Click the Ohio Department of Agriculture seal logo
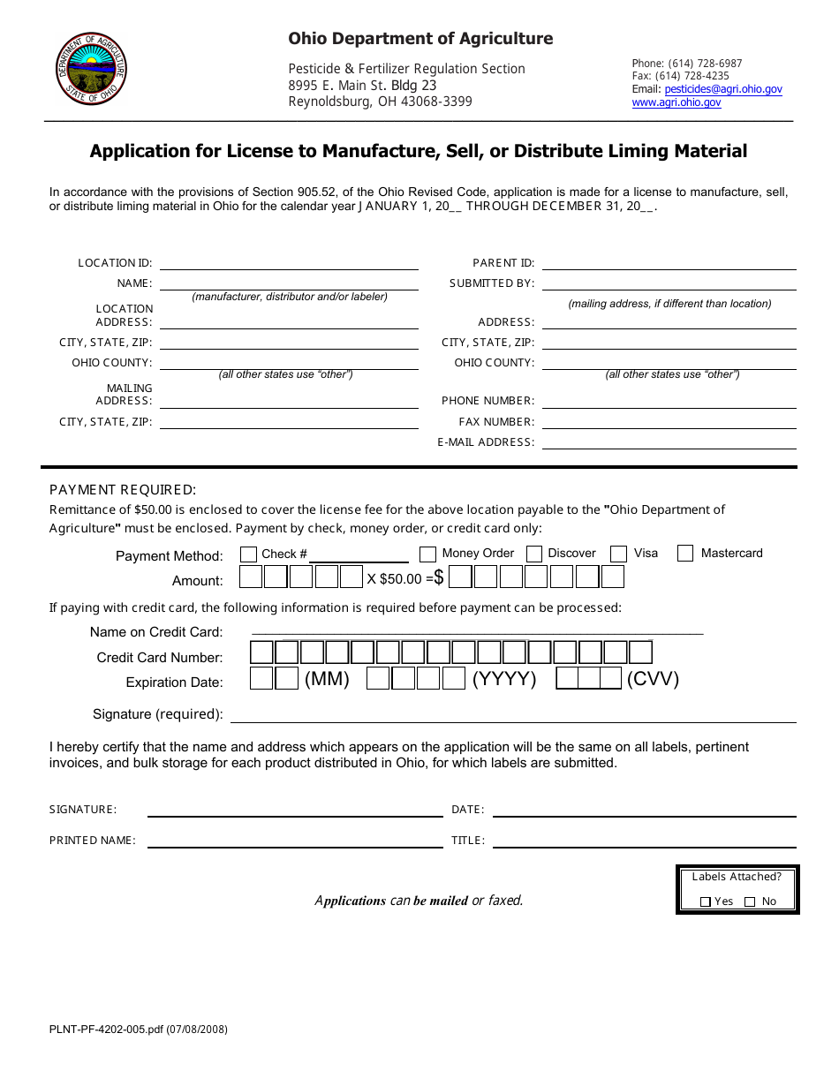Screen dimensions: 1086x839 pyautogui.click(x=91, y=69)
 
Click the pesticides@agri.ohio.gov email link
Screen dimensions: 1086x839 pyautogui.click(x=723, y=89)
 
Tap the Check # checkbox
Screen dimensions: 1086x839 pyautogui.click(x=249, y=554)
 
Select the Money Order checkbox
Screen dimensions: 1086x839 pyautogui.click(x=427, y=554)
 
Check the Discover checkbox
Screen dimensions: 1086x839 pyautogui.click(x=533, y=554)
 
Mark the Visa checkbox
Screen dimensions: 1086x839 pyautogui.click(x=619, y=554)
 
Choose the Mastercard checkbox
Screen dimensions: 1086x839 pyautogui.click(x=685, y=554)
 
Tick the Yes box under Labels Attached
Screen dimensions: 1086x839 pyautogui.click(x=705, y=901)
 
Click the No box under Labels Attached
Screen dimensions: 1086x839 pyautogui.click(x=750, y=901)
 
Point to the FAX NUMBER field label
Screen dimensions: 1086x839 pyautogui.click(x=496, y=422)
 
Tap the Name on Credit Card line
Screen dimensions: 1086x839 pyautogui.click(x=477, y=630)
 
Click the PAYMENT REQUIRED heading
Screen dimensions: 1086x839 pyautogui.click(x=123, y=490)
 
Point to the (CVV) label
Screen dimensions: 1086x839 pyautogui.click(x=653, y=679)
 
